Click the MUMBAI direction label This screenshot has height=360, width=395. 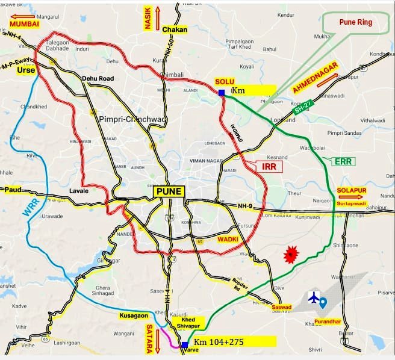tap(24, 23)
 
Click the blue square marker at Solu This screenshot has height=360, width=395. tap(222, 92)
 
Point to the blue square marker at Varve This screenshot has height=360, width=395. tap(184, 345)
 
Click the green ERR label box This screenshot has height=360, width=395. tap(344, 161)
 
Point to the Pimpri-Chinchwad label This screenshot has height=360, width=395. tap(128, 118)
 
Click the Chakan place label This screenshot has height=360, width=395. tap(175, 29)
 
